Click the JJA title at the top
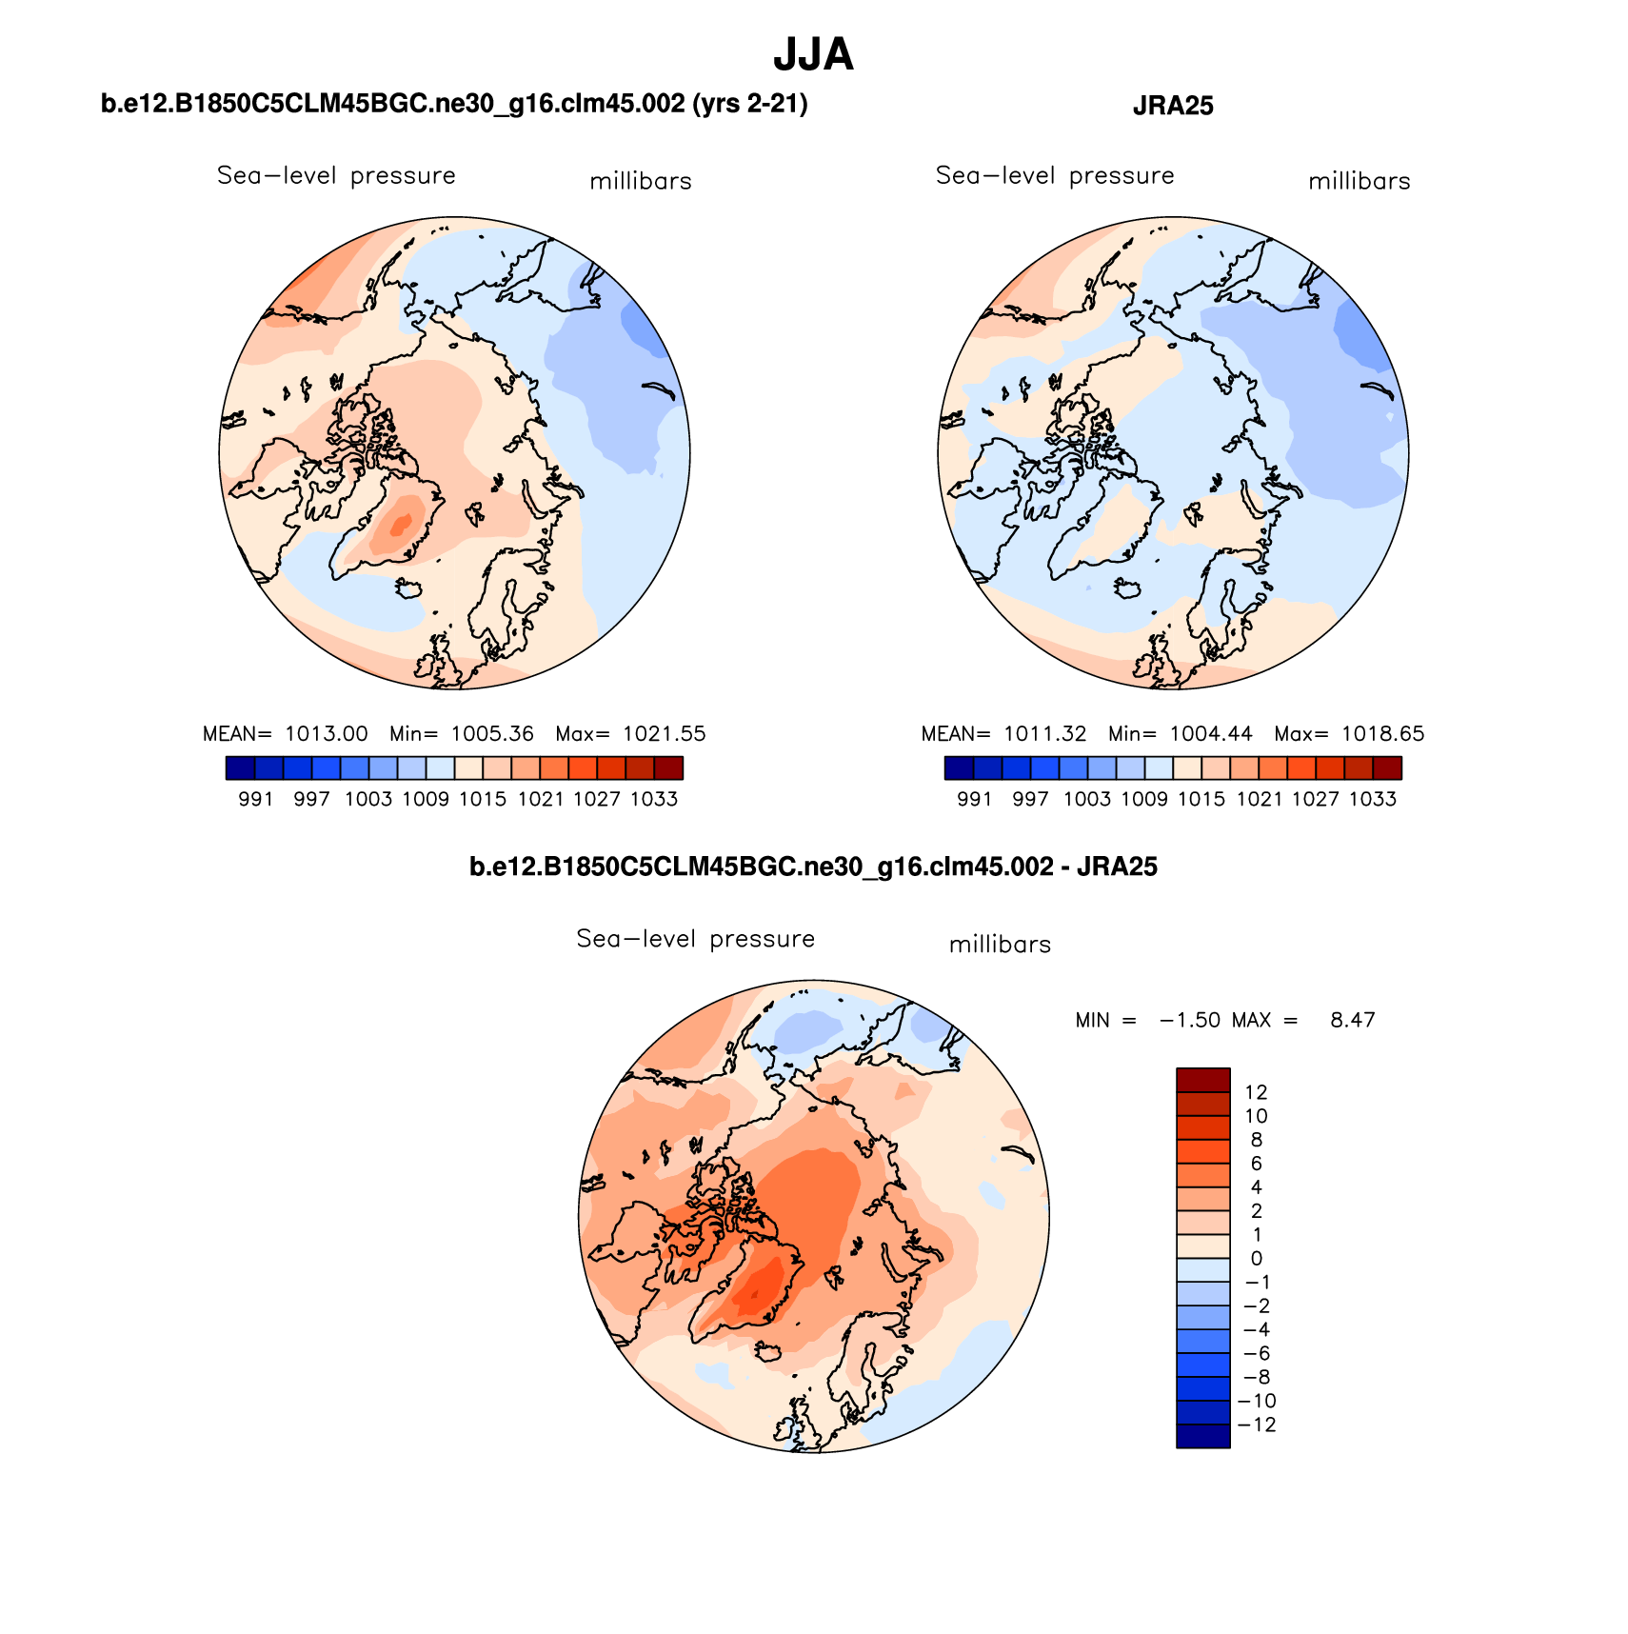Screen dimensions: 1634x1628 [x=813, y=54]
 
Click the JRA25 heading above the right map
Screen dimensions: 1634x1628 [x=1173, y=106]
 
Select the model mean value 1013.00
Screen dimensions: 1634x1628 [x=326, y=734]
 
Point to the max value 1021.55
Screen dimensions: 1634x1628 [x=665, y=734]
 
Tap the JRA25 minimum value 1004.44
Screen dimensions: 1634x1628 [x=1211, y=734]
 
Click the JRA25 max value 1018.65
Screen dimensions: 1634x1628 [x=1382, y=734]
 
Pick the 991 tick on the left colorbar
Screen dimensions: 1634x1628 [x=256, y=800]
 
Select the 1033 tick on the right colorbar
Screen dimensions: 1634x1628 [x=1373, y=800]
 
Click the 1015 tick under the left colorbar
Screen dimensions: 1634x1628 [x=483, y=800]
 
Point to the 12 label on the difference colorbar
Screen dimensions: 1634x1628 [x=1256, y=1093]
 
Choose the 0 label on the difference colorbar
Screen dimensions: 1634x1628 [x=1257, y=1259]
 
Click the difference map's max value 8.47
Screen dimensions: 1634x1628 [x=1352, y=1021]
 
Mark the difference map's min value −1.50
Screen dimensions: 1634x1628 [x=1190, y=1021]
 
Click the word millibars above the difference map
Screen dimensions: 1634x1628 [x=1000, y=945]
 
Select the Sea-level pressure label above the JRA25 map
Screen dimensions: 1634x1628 [x=1055, y=176]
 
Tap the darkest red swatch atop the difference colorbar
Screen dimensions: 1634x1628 [x=1203, y=1080]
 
